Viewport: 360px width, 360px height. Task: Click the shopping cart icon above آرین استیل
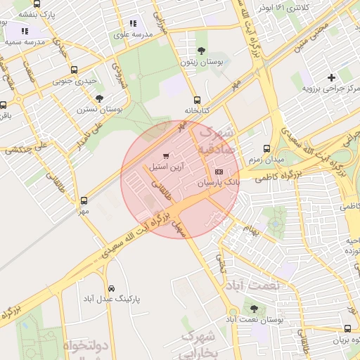(165, 155)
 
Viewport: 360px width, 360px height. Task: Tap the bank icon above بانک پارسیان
(219, 172)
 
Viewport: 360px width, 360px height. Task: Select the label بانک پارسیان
(217, 181)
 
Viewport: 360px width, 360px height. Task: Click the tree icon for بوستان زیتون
(202, 51)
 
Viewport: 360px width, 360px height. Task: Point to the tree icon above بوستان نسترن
(98, 98)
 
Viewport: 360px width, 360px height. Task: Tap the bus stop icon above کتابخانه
(197, 100)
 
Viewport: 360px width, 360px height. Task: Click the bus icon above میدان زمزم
(266, 148)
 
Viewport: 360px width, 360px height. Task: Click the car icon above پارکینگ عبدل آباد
(111, 288)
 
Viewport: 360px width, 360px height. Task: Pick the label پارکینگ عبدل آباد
(111, 299)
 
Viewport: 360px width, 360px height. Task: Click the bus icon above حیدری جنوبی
(75, 70)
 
